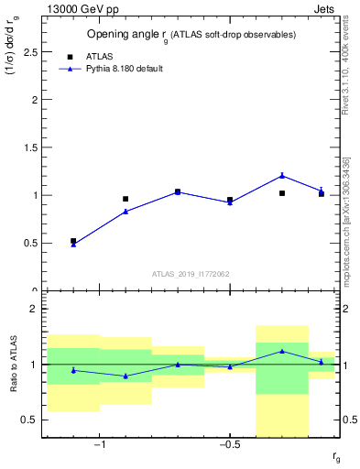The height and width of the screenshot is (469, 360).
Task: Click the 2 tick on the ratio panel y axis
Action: [x=35, y=309]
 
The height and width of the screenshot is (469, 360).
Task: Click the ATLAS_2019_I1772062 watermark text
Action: [x=191, y=273]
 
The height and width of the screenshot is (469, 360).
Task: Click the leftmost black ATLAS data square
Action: [x=73, y=241]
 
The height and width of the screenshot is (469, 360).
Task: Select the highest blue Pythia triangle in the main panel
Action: [x=282, y=175]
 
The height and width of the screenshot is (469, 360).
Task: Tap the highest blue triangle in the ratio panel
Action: [x=282, y=351]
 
